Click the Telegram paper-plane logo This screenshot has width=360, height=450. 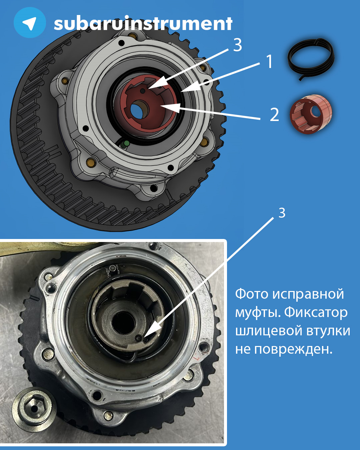pyautogui.click(x=30, y=22)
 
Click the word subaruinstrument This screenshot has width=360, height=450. pyautogui.click(x=143, y=23)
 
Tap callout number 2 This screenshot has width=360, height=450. pyautogui.click(x=274, y=115)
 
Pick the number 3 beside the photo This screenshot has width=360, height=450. pyautogui.click(x=282, y=213)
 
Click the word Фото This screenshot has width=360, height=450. pyautogui.click(x=252, y=294)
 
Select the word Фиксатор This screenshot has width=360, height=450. pyautogui.click(x=316, y=313)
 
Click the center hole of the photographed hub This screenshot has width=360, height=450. pyautogui.click(x=123, y=322)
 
